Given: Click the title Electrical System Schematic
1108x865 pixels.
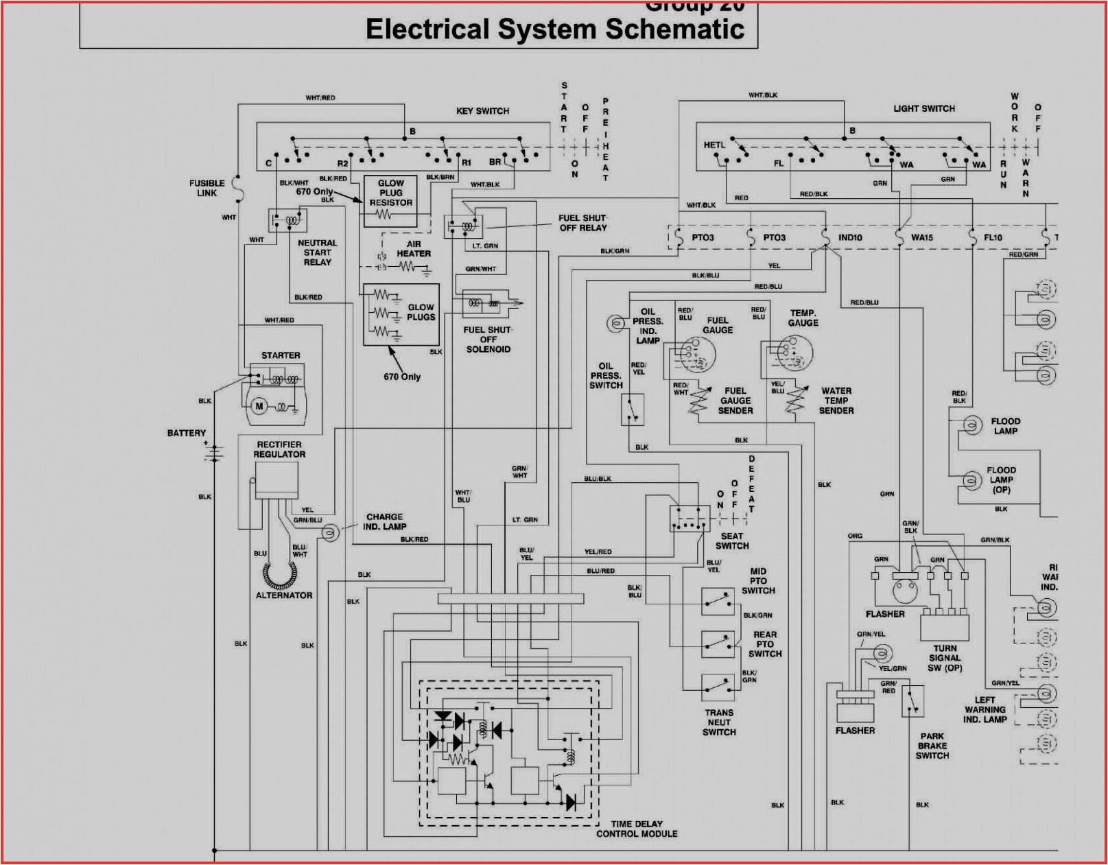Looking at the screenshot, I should tap(554, 29).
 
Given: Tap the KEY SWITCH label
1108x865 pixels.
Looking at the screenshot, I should tap(482, 110).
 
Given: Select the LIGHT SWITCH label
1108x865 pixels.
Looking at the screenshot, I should tap(923, 108).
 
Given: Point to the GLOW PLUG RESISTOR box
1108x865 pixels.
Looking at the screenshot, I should tap(390, 201).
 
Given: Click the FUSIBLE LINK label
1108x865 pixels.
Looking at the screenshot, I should tap(207, 188).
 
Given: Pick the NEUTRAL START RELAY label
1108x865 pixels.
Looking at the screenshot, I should tap(317, 252).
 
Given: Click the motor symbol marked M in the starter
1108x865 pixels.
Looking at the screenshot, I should tap(259, 406).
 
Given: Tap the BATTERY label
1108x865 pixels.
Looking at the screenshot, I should tap(186, 433).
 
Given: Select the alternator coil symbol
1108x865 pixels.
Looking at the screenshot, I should tap(280, 576).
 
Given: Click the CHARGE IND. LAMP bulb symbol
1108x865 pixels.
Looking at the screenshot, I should tap(330, 532).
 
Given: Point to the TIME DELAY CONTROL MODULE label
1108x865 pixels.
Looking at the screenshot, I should tap(637, 829).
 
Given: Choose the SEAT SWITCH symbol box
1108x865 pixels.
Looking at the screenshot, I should tap(689, 519).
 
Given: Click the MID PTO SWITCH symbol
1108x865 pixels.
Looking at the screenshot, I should tap(718, 602).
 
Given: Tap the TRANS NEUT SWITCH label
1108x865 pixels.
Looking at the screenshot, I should tap(718, 722).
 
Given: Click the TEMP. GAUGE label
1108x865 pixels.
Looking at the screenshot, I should tap(803, 318).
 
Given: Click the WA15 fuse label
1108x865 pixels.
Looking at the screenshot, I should tap(921, 237).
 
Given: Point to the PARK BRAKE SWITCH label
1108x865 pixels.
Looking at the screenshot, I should tap(932, 746).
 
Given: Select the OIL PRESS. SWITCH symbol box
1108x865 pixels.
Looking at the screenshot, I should tap(632, 410).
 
